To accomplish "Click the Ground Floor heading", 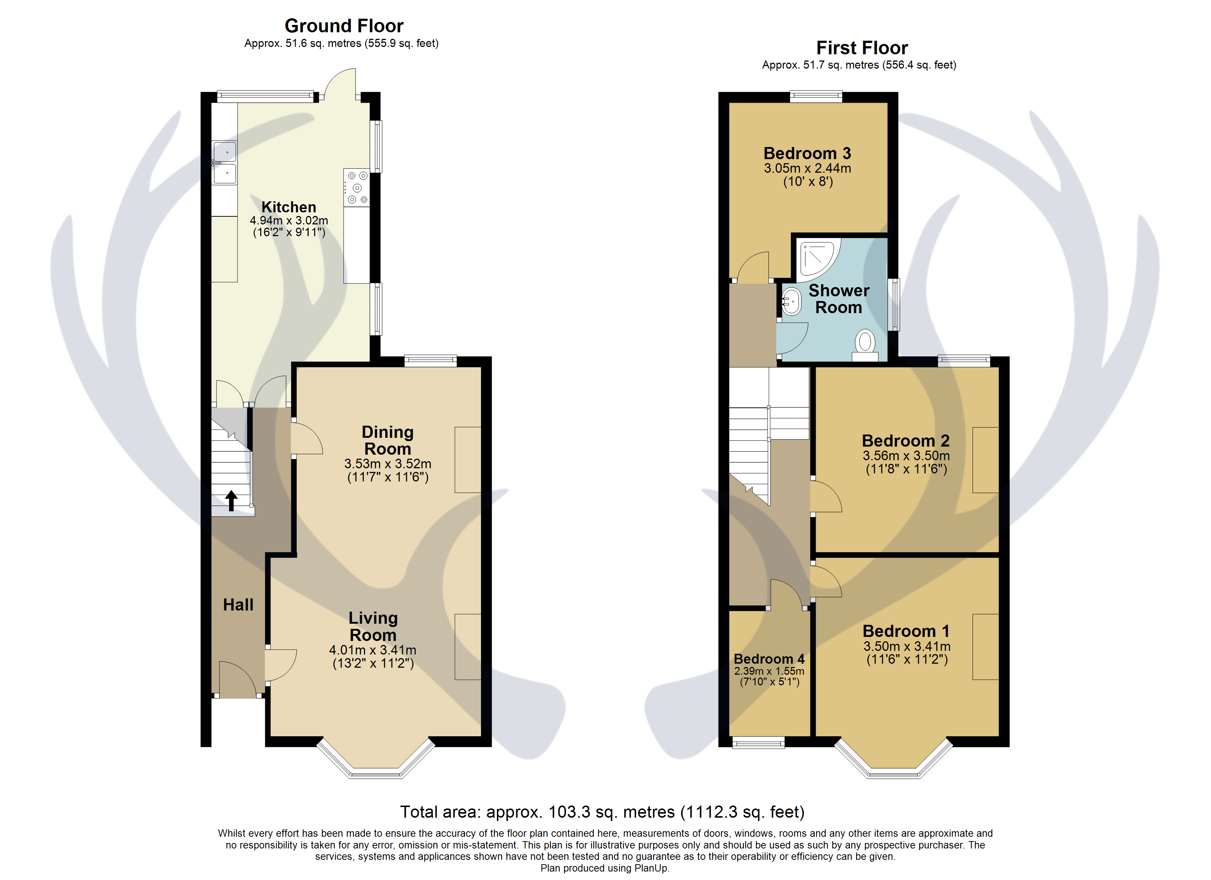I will pyautogui.click(x=344, y=26).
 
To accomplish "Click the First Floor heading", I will pyautogui.click(x=861, y=48).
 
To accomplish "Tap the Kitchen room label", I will pyautogui.click(x=288, y=207).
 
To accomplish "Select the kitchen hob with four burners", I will pyautogui.click(x=356, y=188).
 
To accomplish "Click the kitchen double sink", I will pyautogui.click(x=224, y=163).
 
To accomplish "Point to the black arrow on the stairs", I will pyautogui.click(x=231, y=500).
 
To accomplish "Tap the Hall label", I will pyautogui.click(x=238, y=605).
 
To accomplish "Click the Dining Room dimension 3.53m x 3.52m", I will pyautogui.click(x=388, y=464).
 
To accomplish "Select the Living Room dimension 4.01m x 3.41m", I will pyautogui.click(x=373, y=650).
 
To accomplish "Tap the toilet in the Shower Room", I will pyautogui.click(x=865, y=344).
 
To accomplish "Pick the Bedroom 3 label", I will pyautogui.click(x=807, y=153).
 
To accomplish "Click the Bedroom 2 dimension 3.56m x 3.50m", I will pyautogui.click(x=906, y=456).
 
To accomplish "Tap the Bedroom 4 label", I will pyautogui.click(x=769, y=659).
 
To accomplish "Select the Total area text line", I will pyautogui.click(x=602, y=812).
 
